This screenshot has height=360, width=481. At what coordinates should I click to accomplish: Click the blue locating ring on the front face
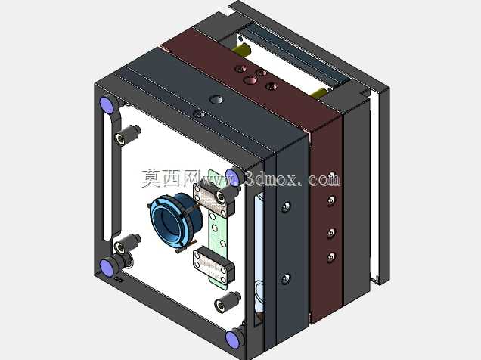click(175, 220)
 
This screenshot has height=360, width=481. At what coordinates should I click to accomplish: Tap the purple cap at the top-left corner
click(107, 104)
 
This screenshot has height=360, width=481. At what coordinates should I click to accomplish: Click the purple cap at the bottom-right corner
click(232, 340)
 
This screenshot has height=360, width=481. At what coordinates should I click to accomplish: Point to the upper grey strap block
click(214, 198)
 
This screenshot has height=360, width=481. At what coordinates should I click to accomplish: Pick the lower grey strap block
click(214, 264)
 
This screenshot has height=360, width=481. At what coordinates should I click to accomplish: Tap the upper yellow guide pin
click(241, 49)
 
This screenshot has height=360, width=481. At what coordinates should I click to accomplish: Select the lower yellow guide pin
click(318, 92)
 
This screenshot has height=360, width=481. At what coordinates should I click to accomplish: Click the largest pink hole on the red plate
click(251, 80)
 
